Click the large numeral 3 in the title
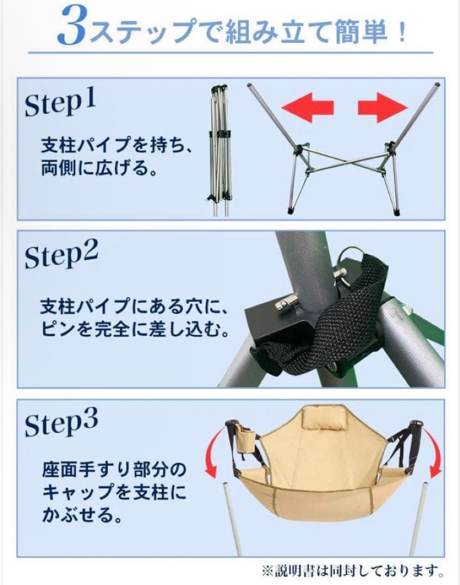[73, 27]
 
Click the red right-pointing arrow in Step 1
[383, 107]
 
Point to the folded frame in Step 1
[220, 149]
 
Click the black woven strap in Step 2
[347, 314]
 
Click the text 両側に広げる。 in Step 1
[98, 170]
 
